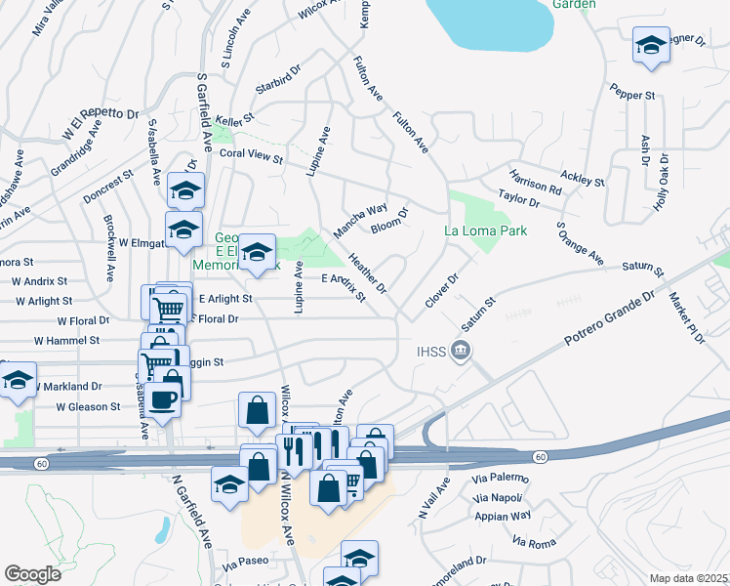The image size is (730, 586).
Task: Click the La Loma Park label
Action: pyautogui.click(x=485, y=231)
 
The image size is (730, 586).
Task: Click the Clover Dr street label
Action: pyautogui.click(x=441, y=291)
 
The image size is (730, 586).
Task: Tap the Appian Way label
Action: pyautogui.click(x=504, y=515)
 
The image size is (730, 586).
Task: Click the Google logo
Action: pyautogui.click(x=32, y=573)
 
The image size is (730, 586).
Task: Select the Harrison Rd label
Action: pyautogui.click(x=535, y=182)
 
